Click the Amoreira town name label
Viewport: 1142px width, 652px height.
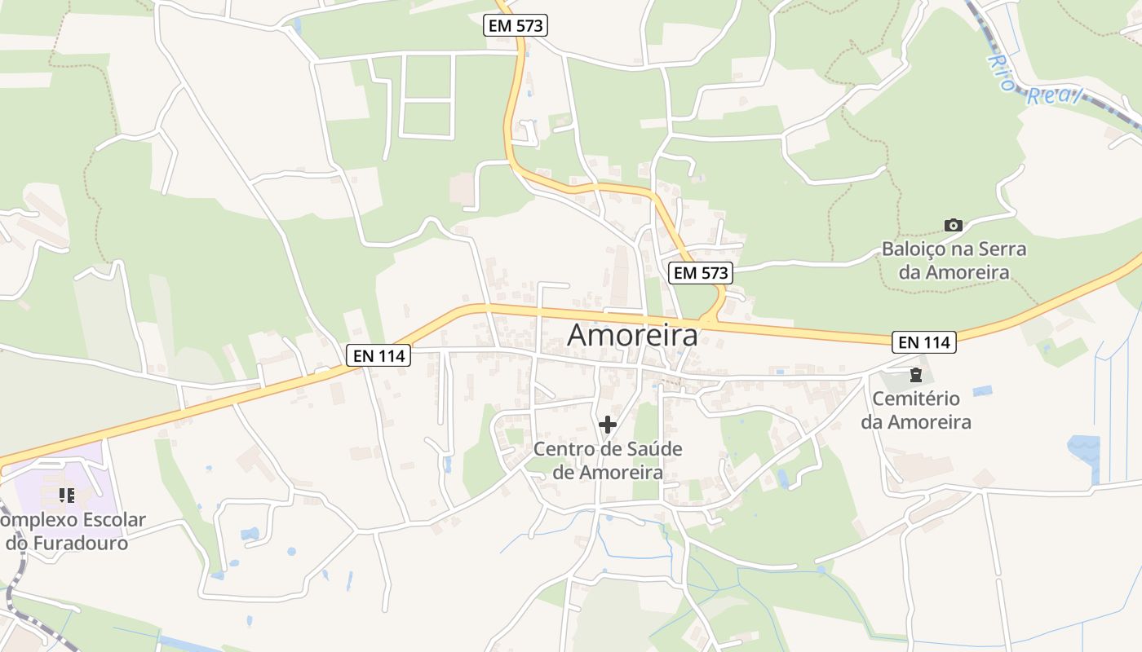tap(633, 334)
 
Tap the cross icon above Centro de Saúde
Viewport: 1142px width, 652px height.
tap(608, 425)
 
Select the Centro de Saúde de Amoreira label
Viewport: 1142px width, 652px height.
tap(608, 460)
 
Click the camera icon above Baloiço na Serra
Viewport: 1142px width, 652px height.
tap(953, 225)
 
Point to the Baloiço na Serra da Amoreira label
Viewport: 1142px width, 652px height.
tap(954, 260)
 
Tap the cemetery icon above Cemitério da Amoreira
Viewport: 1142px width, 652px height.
tap(915, 376)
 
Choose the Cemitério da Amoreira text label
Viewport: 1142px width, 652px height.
tap(916, 410)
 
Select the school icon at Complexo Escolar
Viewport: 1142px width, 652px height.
tap(67, 495)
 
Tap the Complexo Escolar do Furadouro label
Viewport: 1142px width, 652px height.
tap(69, 531)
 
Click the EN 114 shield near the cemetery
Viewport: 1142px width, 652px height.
tap(923, 342)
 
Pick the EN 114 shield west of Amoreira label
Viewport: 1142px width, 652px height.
tap(378, 355)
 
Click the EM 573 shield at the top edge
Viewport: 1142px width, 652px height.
tap(516, 25)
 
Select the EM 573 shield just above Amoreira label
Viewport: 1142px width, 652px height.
tap(701, 273)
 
